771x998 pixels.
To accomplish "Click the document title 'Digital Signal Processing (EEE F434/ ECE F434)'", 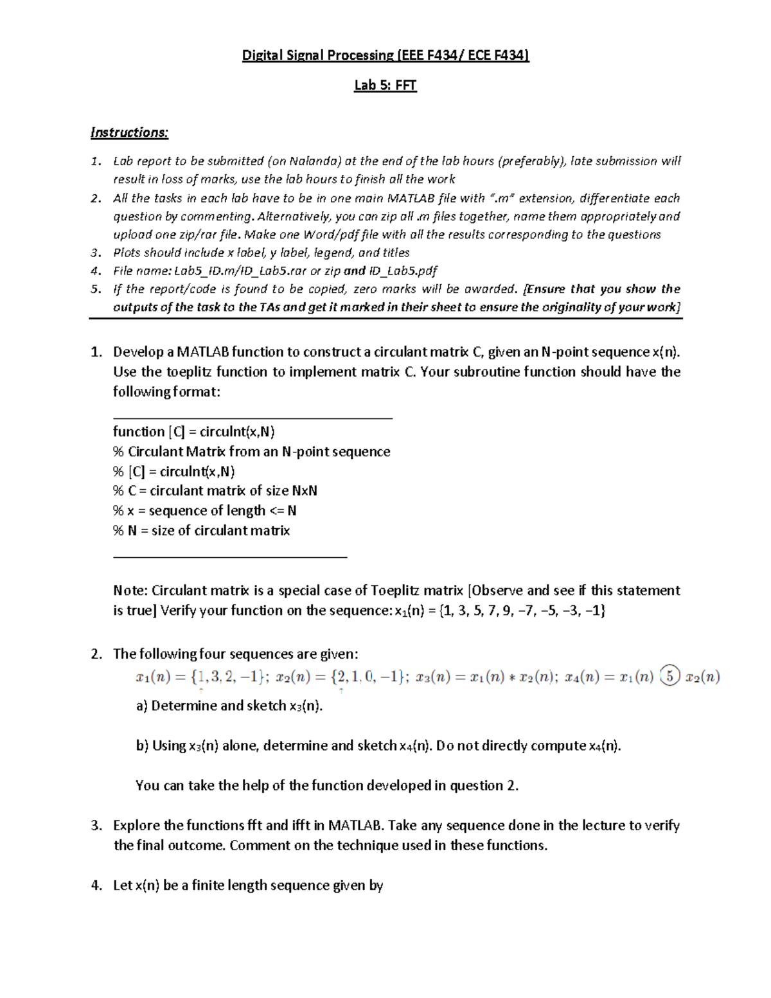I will coord(385,56).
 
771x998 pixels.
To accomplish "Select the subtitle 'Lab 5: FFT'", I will coord(385,85).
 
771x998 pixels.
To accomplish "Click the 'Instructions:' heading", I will coord(129,132).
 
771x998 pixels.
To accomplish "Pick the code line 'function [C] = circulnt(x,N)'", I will coord(194,432).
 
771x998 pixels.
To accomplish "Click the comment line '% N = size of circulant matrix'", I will coord(201,531).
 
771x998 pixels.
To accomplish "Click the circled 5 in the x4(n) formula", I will coord(669,677).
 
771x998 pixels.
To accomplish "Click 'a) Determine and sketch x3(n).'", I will coord(229,706).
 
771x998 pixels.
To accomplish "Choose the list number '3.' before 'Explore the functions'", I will coord(96,826).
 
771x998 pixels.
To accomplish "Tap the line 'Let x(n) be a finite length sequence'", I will coord(248,886).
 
